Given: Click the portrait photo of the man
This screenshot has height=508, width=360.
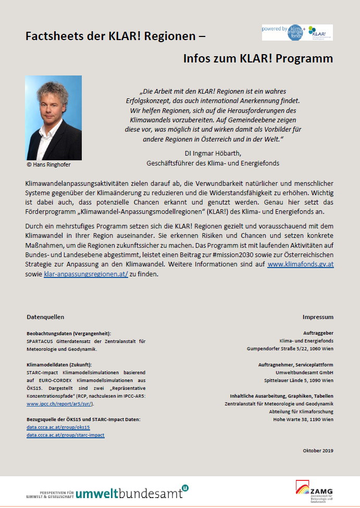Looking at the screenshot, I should tap(53, 118).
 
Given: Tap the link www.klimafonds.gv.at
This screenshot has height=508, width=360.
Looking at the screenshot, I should tap(301, 264).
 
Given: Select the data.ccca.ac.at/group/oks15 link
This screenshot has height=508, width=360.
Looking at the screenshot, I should tap(54, 427).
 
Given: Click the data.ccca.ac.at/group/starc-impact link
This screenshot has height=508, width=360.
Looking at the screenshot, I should tap(65, 435).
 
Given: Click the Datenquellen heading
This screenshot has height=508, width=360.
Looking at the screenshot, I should tap(45, 316).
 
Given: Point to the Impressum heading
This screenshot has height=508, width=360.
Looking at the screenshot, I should tap(318, 316).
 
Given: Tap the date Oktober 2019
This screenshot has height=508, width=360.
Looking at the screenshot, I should tap(318, 450).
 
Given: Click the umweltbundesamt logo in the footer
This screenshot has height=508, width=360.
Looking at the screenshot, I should tap(107, 492).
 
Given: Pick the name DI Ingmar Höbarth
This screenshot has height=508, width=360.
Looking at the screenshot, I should tap(213, 154).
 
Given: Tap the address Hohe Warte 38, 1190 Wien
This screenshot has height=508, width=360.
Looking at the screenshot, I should tap(303, 419).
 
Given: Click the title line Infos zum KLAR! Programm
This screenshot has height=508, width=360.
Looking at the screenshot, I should tap(258, 58).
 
